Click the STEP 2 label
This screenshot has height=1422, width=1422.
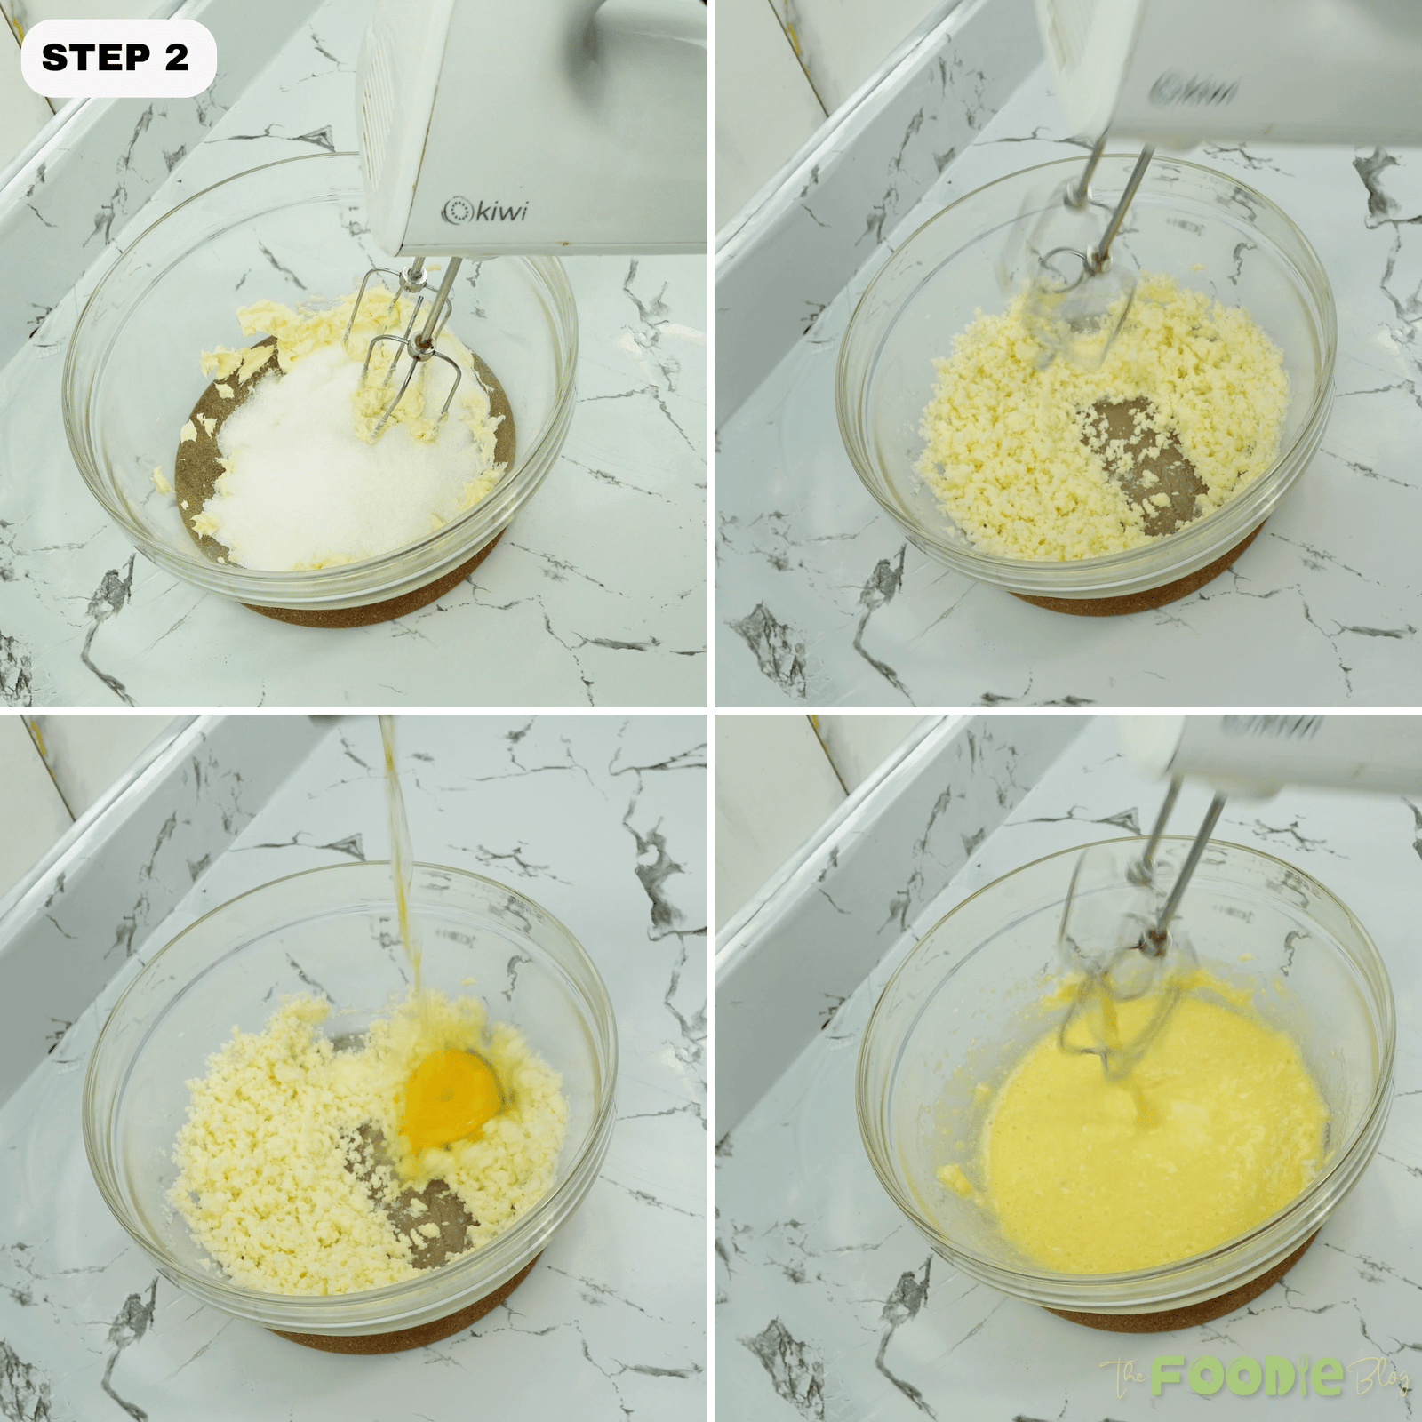pos(116,58)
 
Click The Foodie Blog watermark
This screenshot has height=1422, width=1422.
pos(1253,1378)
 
